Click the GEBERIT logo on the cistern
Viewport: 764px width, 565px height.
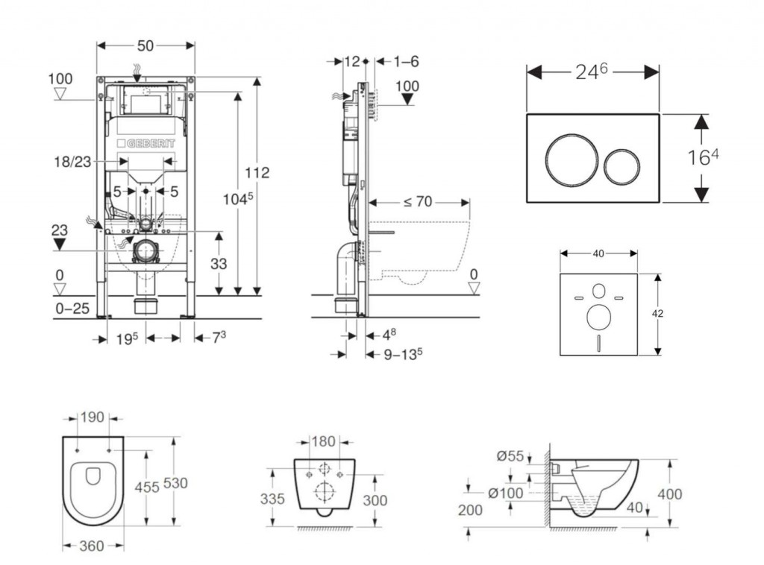point(145,143)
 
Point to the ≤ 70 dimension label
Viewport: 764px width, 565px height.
point(419,201)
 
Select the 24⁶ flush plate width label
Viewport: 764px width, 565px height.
point(593,71)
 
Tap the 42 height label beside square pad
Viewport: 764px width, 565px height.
point(657,314)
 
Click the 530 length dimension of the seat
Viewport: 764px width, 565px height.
point(176,483)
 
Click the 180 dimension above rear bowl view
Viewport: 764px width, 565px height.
point(323,441)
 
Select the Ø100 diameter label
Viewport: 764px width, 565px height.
point(507,492)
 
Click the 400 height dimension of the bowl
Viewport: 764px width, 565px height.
point(670,493)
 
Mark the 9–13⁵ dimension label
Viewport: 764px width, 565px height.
point(403,354)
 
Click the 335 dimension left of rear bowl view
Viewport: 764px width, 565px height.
point(272,499)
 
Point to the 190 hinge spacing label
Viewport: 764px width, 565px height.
point(93,417)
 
